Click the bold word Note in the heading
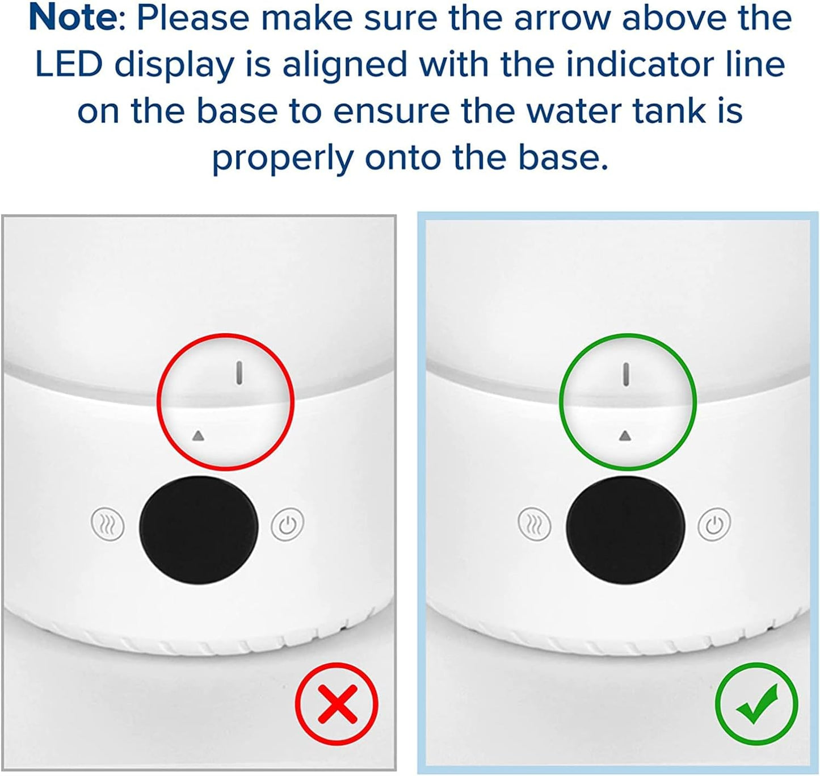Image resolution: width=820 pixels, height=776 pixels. coord(72,18)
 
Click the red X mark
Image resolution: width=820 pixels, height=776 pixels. coord(337,703)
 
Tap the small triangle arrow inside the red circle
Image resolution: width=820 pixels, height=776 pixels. coord(198,436)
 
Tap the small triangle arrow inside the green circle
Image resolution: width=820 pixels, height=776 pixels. coord(625,435)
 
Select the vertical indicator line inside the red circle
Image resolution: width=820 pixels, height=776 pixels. coord(239,373)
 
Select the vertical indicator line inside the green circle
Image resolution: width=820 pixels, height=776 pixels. coord(626,375)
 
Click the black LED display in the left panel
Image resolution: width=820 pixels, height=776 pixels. coord(199,528)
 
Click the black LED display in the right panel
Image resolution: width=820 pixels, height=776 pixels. coord(625,528)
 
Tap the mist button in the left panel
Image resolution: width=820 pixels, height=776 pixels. coord(108,524)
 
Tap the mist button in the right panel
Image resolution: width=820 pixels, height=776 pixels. coord(535,524)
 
